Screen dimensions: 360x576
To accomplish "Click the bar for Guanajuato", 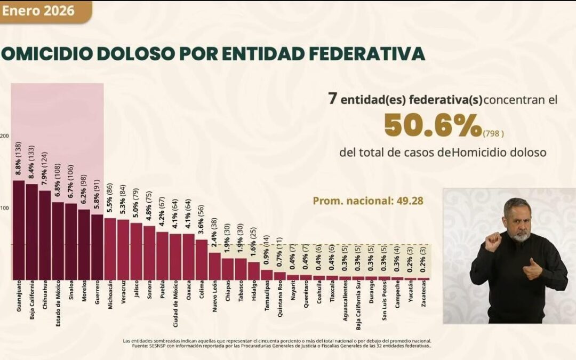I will click(x=19, y=230).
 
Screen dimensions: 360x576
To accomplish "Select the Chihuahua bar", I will click(x=45, y=235).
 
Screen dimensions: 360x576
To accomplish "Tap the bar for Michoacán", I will click(x=110, y=249).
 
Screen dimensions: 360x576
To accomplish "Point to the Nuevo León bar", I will click(x=214, y=266).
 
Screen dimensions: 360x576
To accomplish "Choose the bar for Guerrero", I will click(x=97, y=247).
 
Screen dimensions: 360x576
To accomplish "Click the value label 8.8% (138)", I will click(x=19, y=161).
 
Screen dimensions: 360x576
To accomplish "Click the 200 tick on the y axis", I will click(x=4, y=137).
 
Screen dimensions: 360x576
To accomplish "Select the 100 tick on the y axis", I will click(x=4, y=208).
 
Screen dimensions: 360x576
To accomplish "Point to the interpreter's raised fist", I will click(x=492, y=241).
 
